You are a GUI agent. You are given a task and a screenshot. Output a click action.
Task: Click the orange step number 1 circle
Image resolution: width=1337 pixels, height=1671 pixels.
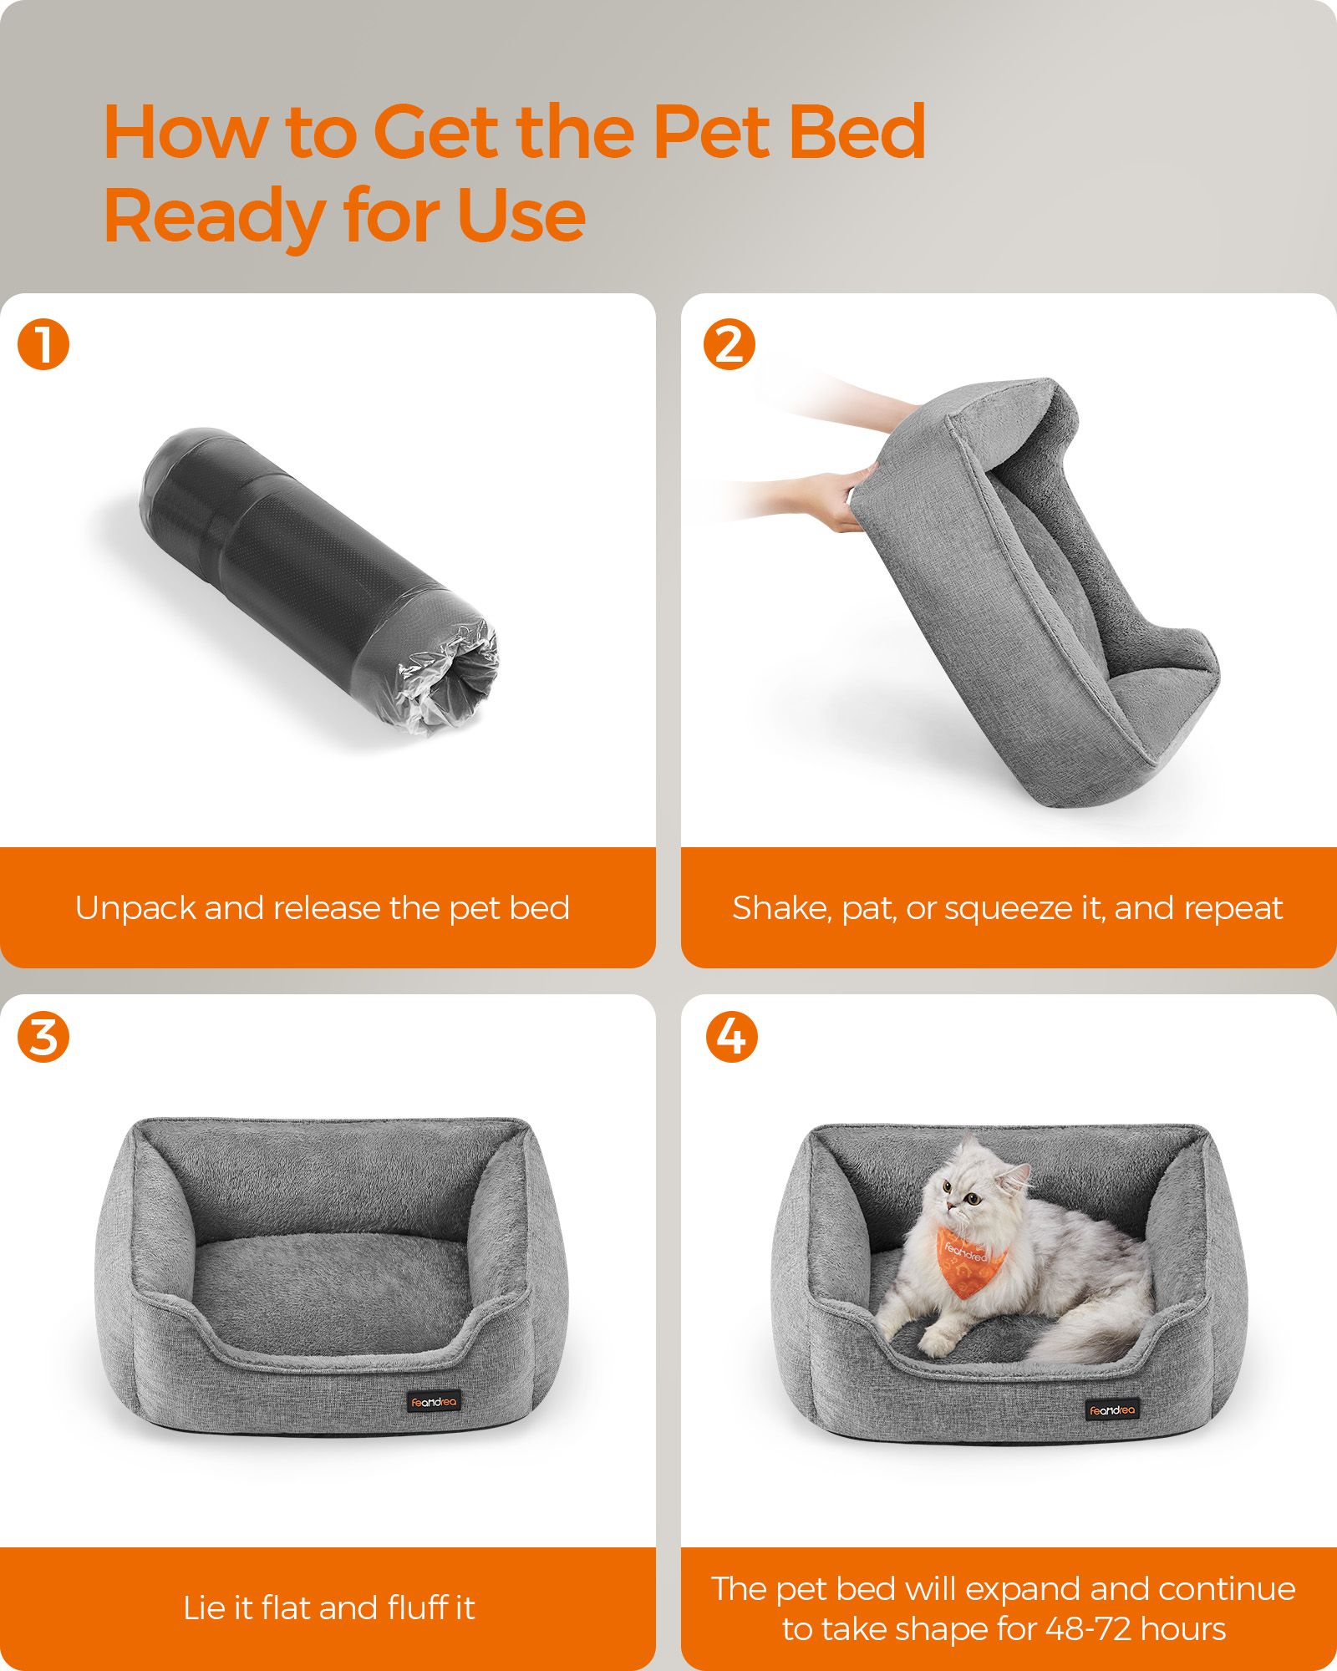tap(43, 345)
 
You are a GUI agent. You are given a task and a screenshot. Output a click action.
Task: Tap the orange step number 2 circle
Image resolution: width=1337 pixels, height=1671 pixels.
tap(729, 345)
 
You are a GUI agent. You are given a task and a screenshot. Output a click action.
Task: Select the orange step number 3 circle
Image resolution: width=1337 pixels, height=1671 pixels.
tap(43, 1038)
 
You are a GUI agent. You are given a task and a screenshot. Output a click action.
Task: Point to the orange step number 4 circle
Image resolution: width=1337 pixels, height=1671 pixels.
tap(731, 1038)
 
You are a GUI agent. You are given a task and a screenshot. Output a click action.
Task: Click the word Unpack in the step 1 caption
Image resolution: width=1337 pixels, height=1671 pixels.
tap(135, 909)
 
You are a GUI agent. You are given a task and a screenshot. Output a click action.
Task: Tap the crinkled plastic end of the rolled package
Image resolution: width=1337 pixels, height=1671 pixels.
tap(450, 678)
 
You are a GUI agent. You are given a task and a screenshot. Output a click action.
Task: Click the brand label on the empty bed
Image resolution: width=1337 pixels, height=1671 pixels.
tap(434, 1402)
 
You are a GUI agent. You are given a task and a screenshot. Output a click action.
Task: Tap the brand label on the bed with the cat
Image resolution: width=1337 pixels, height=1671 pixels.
tap(1112, 1409)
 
